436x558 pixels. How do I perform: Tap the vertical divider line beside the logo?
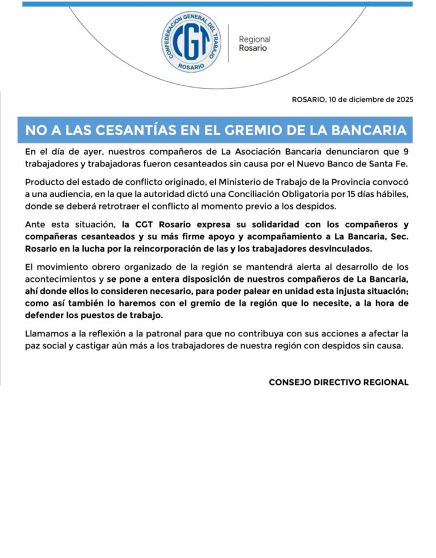click(x=228, y=44)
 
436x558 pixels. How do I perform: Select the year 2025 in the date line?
click(x=401, y=99)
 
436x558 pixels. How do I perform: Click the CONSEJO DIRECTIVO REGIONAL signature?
click(x=338, y=382)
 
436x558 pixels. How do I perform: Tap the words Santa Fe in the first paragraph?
click(x=388, y=164)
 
